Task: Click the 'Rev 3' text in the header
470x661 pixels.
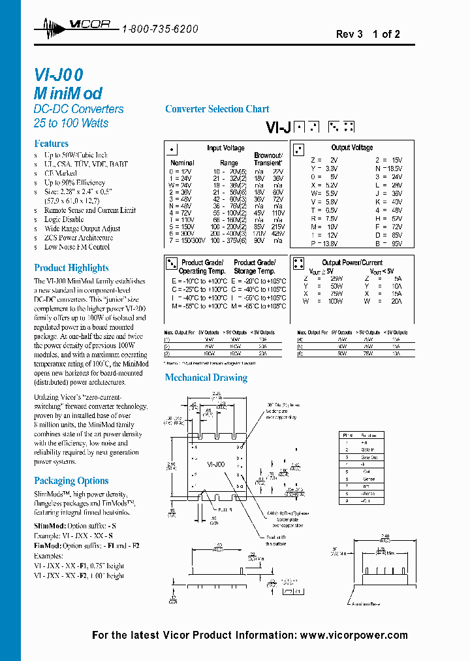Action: click(x=349, y=35)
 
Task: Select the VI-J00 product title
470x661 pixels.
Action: click(x=58, y=75)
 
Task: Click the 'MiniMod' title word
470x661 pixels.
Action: click(x=67, y=93)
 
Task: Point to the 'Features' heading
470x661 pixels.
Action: click(x=51, y=143)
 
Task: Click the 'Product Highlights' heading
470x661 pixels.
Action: click(x=71, y=268)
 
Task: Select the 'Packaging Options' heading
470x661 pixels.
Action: click(x=71, y=481)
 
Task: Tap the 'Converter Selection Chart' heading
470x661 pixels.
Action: click(x=217, y=109)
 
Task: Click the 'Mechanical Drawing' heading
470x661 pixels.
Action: click(x=206, y=378)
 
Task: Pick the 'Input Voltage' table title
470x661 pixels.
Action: click(x=226, y=148)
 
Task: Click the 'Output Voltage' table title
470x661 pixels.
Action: click(x=352, y=148)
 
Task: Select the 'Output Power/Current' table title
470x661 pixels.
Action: click(x=352, y=263)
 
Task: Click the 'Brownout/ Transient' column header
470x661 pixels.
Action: click(x=268, y=159)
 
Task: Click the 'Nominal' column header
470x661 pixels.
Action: click(x=182, y=163)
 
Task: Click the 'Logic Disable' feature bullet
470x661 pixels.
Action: click(x=64, y=219)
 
